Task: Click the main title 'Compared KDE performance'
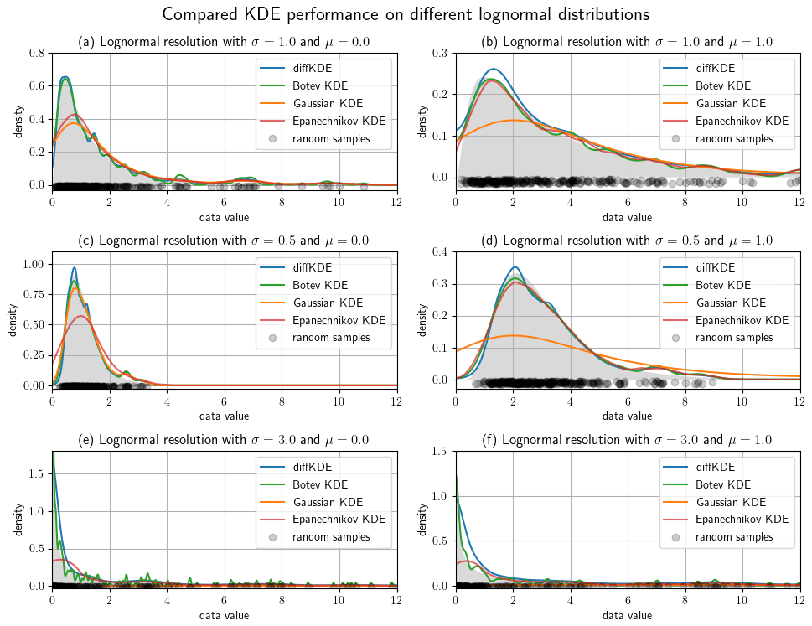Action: (x=406, y=14)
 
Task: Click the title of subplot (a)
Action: (x=224, y=42)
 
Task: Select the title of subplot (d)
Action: (x=628, y=241)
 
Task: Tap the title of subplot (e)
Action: (x=224, y=439)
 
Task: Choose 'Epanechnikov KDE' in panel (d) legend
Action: (x=742, y=320)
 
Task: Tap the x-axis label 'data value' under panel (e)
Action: (x=224, y=616)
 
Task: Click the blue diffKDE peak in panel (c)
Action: (x=75, y=268)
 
